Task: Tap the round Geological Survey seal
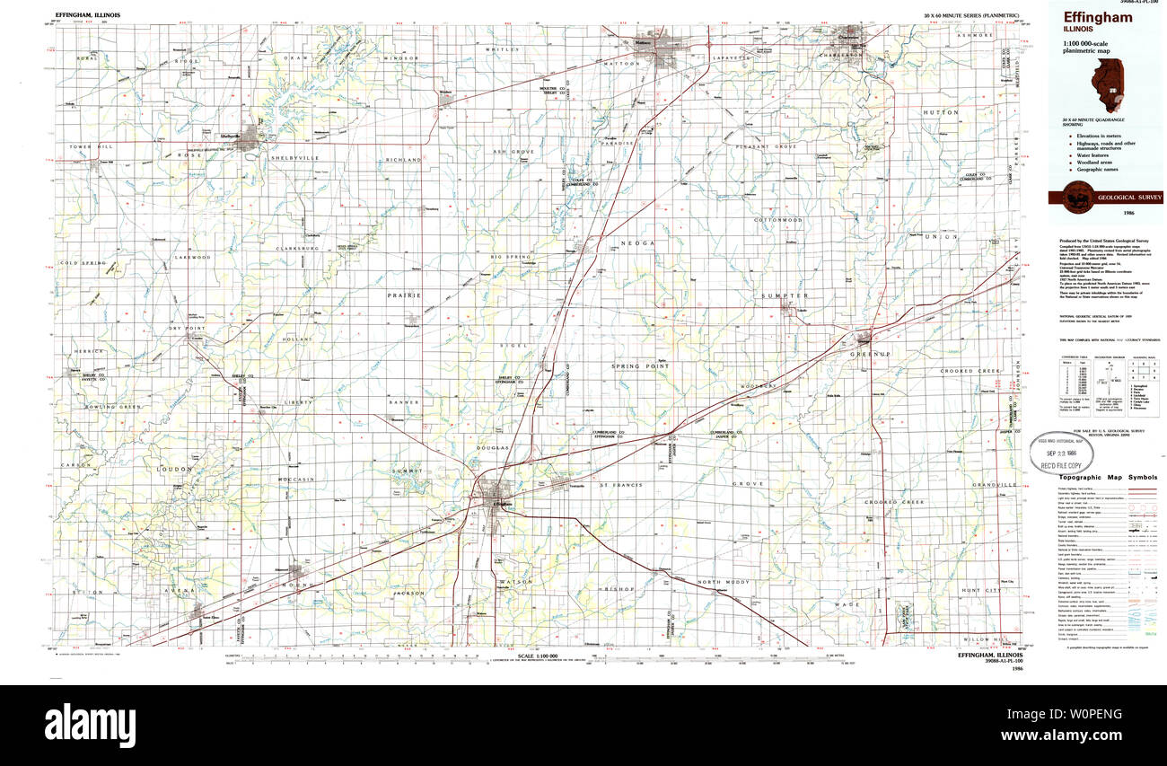[1077, 197]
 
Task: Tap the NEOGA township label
[644, 243]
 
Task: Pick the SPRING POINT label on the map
[640, 366]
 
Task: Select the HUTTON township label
[965, 112]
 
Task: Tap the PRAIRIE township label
[404, 295]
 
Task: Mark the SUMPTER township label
[785, 295]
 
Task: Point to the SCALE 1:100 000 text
[538, 656]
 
